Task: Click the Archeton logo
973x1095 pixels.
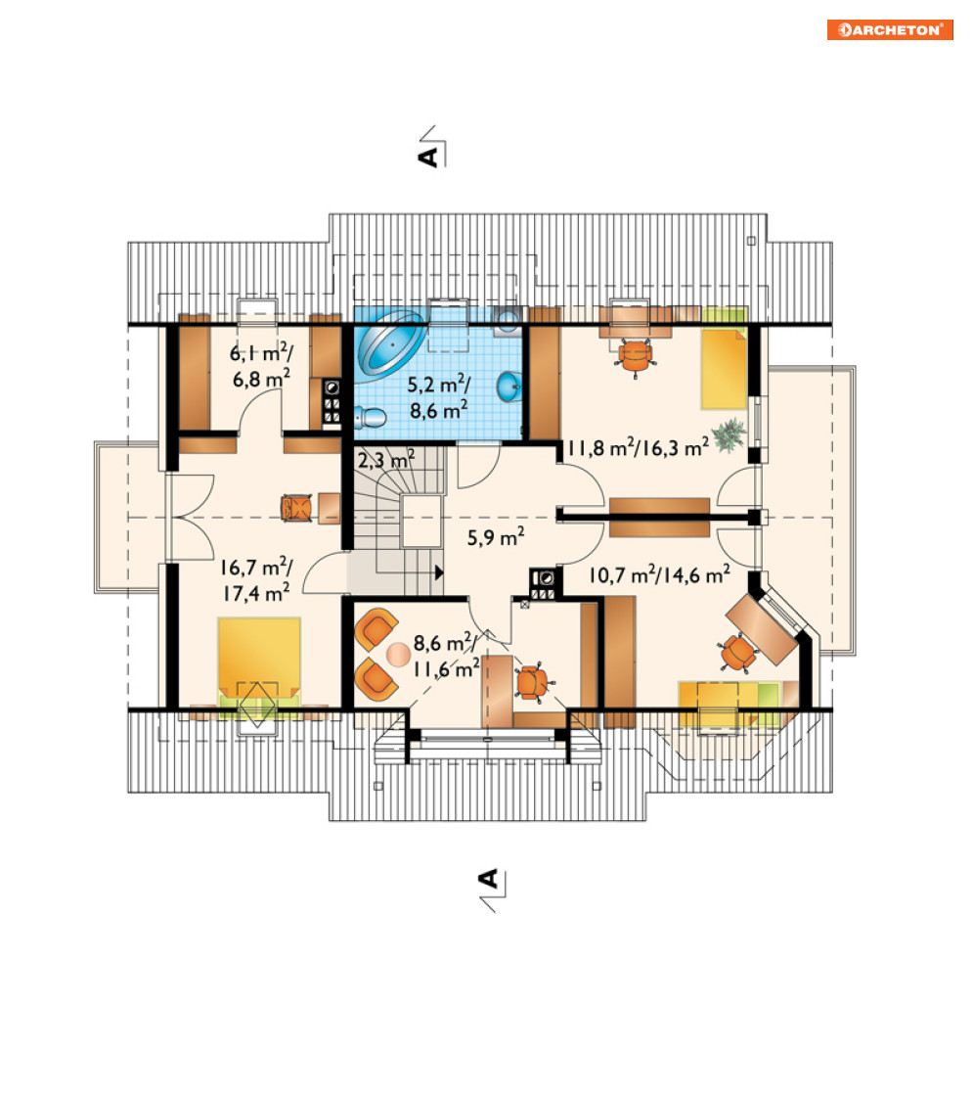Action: (890, 30)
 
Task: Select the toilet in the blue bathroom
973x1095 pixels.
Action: (370, 418)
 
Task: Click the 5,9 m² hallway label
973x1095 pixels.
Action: (496, 537)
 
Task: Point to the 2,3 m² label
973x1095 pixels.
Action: (386, 460)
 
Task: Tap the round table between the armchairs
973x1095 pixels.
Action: (399, 655)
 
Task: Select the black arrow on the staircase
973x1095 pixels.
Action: (439, 572)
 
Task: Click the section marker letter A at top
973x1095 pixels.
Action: (428, 157)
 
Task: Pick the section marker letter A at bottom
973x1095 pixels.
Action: (489, 878)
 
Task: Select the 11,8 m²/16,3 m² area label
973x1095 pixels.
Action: (638, 447)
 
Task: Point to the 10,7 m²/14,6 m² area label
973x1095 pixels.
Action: (660, 574)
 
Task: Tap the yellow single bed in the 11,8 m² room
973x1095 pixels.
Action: (724, 369)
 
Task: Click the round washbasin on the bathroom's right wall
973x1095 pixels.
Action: (509, 388)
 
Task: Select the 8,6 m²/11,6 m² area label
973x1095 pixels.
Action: (446, 656)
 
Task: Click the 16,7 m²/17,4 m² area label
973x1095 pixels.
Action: (256, 579)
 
